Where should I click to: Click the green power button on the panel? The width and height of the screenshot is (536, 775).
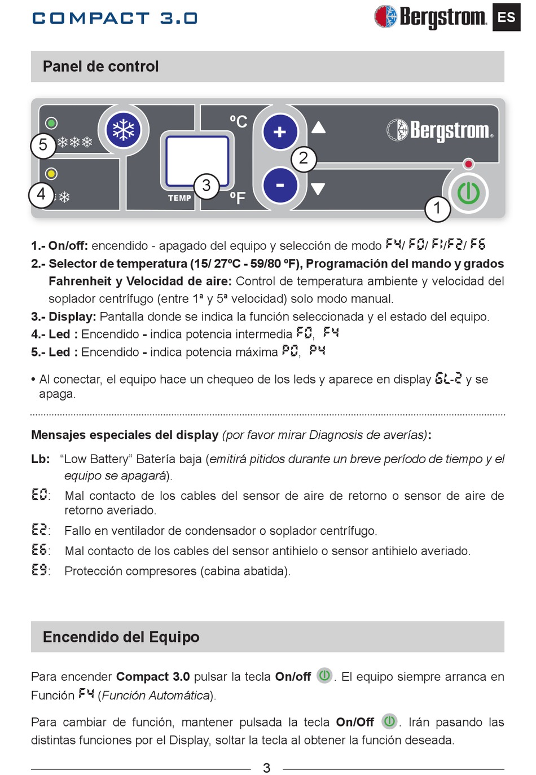click(468, 193)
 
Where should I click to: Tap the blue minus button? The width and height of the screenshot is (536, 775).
click(280, 185)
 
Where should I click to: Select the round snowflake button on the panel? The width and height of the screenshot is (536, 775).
click(124, 130)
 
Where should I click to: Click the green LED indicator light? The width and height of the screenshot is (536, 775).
click(51, 122)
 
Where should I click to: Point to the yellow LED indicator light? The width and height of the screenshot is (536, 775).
click(51, 173)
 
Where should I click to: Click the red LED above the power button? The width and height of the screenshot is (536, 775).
click(468, 164)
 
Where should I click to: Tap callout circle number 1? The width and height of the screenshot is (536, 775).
click(437, 208)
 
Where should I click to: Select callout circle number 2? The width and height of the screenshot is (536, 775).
click(304, 158)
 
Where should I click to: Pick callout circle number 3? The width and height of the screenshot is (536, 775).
click(207, 185)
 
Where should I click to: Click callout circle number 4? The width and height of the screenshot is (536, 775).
click(41, 195)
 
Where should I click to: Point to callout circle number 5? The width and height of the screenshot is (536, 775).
click(43, 145)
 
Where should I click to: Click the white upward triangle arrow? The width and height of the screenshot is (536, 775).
click(319, 127)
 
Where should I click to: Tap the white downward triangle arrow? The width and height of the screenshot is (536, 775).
click(318, 189)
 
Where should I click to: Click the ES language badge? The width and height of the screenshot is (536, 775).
click(506, 17)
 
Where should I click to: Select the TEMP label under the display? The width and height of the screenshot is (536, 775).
click(179, 198)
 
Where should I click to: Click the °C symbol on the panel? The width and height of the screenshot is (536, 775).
click(238, 121)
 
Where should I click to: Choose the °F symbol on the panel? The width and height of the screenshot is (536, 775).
click(238, 198)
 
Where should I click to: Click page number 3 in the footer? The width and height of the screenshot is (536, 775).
click(267, 768)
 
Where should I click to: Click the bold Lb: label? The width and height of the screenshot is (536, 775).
click(41, 459)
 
